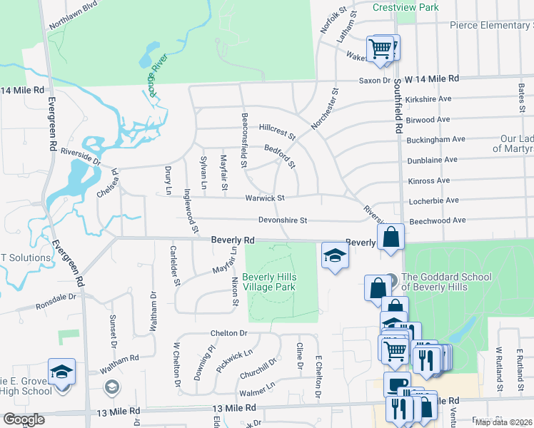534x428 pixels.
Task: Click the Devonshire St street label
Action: tap(282, 220)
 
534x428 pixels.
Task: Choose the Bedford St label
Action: tap(280, 156)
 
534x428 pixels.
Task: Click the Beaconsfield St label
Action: tap(244, 140)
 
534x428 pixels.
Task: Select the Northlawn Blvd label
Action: tap(72, 17)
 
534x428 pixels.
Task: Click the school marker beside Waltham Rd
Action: tap(62, 372)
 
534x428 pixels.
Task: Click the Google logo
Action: tap(24, 419)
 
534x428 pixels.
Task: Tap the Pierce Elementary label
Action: tap(491, 26)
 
